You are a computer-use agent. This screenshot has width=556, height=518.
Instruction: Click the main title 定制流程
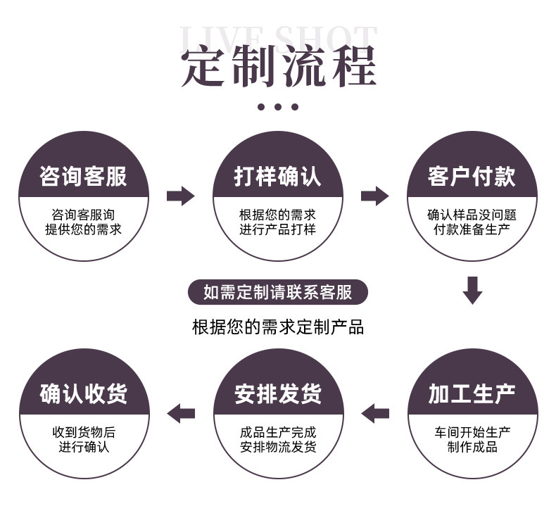[278, 68]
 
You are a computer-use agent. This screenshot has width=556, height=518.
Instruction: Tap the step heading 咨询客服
[83, 176]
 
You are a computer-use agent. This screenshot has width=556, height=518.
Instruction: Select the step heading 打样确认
[277, 176]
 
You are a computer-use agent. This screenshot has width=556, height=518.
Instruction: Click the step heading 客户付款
[472, 176]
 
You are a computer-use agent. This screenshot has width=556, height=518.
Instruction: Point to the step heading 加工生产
[472, 394]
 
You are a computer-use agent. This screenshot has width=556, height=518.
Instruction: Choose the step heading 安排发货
[278, 394]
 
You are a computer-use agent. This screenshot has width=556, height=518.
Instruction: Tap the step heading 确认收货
[84, 394]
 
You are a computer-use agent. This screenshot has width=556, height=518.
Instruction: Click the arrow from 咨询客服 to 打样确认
[180, 196]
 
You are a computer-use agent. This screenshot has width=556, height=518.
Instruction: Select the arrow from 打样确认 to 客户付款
[374, 196]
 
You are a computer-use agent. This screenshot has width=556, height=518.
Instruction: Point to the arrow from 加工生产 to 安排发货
[375, 413]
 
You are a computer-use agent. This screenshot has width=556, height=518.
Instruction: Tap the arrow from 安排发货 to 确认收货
[181, 413]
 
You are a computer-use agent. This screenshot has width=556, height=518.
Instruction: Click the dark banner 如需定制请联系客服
[277, 292]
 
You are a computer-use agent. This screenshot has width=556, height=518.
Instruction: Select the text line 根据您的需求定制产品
[277, 327]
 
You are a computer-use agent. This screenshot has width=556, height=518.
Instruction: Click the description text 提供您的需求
[83, 229]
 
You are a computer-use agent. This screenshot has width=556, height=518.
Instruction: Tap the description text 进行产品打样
[277, 229]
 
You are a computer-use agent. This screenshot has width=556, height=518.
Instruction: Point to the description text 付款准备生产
[472, 229]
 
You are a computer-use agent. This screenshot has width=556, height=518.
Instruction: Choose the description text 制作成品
[472, 448]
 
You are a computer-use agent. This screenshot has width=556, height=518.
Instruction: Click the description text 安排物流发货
[278, 448]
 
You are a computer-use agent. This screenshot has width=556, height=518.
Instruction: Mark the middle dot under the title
[278, 107]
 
